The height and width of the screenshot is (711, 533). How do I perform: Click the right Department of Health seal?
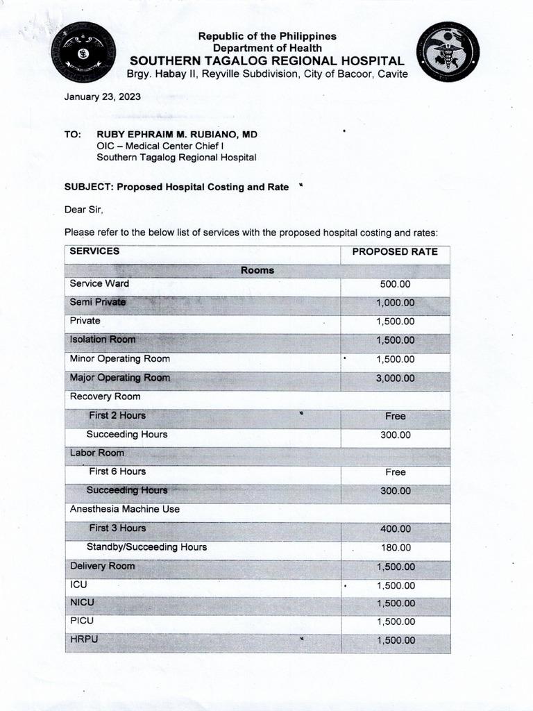(x=448, y=52)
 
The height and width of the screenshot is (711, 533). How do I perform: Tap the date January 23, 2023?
(x=102, y=97)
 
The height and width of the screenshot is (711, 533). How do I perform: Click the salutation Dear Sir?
(x=83, y=209)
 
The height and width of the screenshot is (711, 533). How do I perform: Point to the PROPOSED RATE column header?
(x=395, y=251)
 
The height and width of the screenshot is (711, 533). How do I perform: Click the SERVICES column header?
(x=94, y=251)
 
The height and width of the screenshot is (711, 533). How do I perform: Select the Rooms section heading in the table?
(x=257, y=270)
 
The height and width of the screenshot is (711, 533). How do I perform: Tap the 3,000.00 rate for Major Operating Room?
(x=395, y=378)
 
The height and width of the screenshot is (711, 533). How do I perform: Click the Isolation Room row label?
(x=102, y=340)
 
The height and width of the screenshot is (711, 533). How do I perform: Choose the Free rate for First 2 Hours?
(x=395, y=416)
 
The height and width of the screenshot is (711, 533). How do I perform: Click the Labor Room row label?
(x=96, y=453)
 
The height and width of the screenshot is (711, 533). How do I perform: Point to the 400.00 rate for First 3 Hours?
(x=395, y=528)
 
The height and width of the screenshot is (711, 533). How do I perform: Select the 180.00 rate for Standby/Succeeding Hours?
(x=395, y=547)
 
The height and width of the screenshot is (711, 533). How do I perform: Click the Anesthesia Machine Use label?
(x=124, y=509)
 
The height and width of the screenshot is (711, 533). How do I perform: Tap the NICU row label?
(x=82, y=603)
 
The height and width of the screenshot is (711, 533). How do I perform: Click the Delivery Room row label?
(x=102, y=566)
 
